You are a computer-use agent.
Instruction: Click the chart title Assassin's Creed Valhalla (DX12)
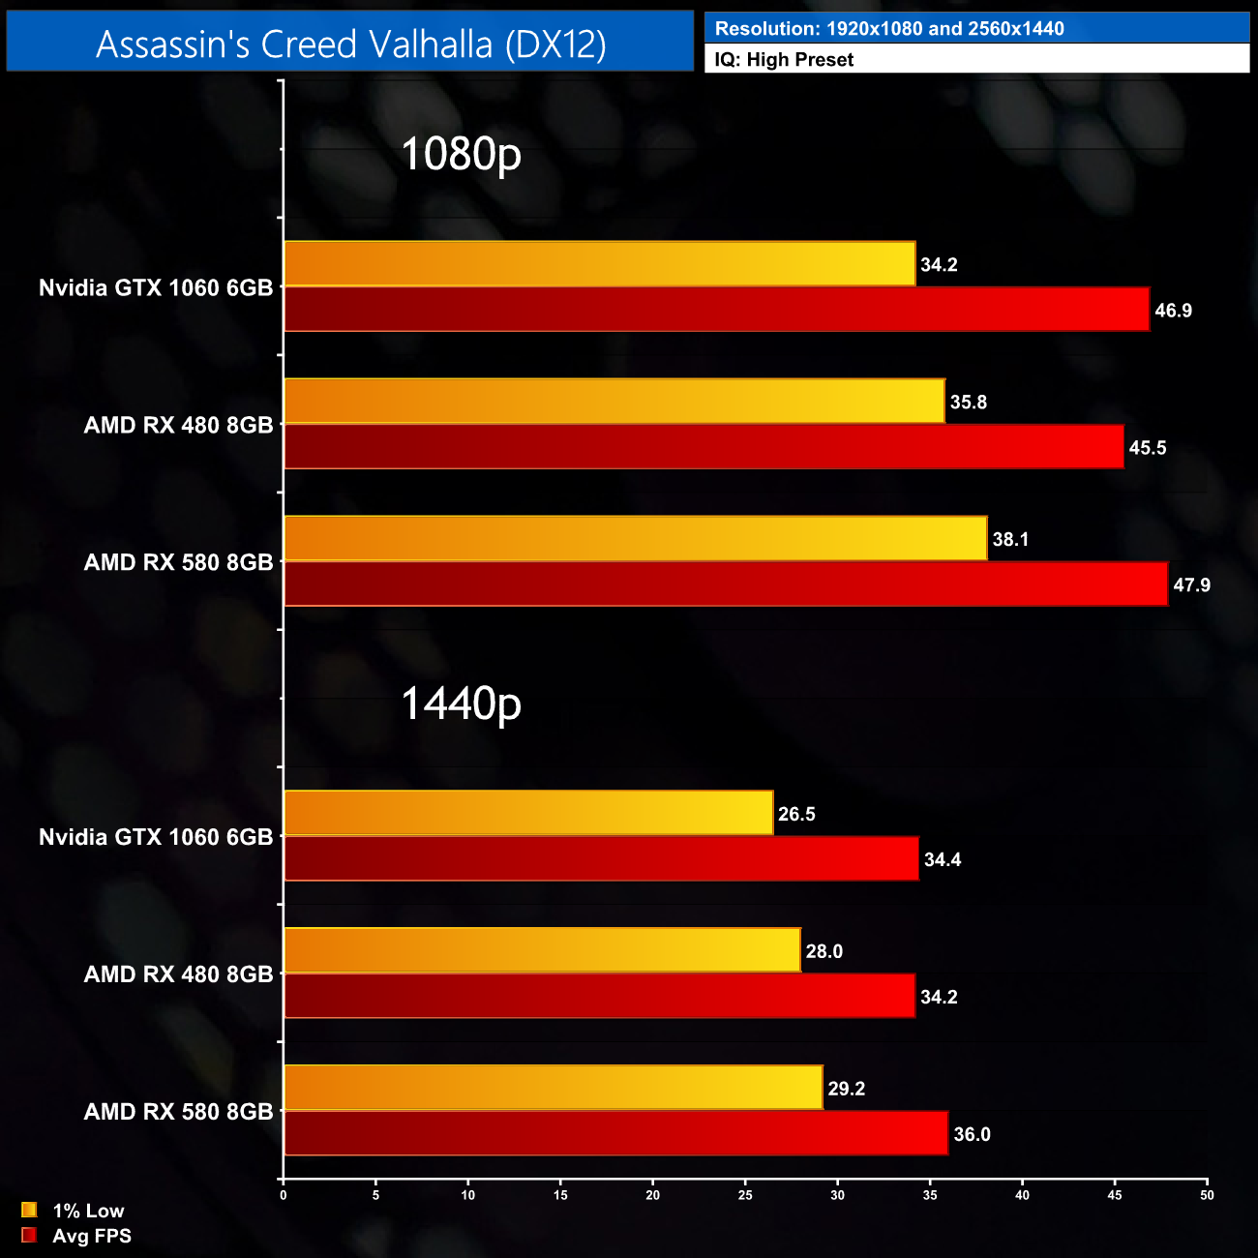tap(350, 44)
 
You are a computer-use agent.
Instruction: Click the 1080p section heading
tap(461, 154)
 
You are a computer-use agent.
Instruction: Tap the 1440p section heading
tap(461, 704)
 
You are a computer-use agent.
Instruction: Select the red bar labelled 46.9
tap(716, 310)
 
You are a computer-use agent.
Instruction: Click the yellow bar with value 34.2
tap(600, 264)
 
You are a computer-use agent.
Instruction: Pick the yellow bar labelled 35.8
tap(614, 402)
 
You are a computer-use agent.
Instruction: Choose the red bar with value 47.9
tap(726, 584)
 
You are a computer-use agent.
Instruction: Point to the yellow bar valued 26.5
tap(528, 813)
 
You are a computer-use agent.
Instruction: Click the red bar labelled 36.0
tap(615, 1133)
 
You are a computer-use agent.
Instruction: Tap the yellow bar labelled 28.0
tap(542, 950)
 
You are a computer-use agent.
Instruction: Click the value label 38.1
tap(1010, 539)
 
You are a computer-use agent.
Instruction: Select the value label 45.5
tap(1148, 448)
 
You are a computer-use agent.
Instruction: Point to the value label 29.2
tap(846, 1089)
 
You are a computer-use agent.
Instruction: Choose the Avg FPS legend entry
tap(76, 1236)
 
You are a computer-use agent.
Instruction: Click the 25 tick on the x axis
tap(745, 1195)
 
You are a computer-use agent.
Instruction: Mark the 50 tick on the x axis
tap(1207, 1195)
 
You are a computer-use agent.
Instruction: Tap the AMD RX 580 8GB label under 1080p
tap(178, 562)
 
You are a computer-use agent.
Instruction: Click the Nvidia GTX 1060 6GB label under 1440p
tap(156, 837)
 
